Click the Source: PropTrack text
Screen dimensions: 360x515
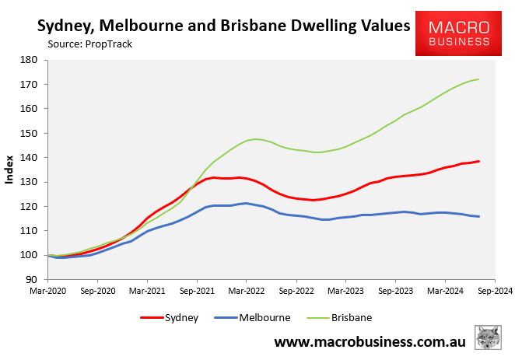pos(90,44)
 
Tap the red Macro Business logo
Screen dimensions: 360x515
pos(459,33)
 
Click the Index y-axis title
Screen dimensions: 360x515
pos(10,170)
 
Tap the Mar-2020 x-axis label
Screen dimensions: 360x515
pos(47,292)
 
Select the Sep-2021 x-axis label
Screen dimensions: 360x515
pos(197,292)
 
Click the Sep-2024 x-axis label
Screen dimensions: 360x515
pos(495,292)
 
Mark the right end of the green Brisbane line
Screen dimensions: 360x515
pos(478,79)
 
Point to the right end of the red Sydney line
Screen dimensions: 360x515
pos(478,162)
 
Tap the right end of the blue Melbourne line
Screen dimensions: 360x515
pos(478,217)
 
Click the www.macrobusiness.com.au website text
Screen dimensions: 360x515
pos(370,341)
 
